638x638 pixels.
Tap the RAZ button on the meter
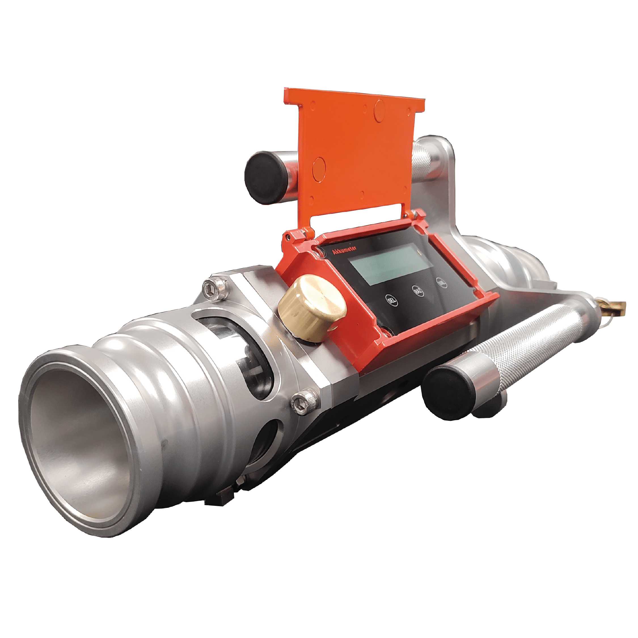tap(417, 291)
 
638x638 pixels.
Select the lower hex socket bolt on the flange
tap(302, 402)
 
